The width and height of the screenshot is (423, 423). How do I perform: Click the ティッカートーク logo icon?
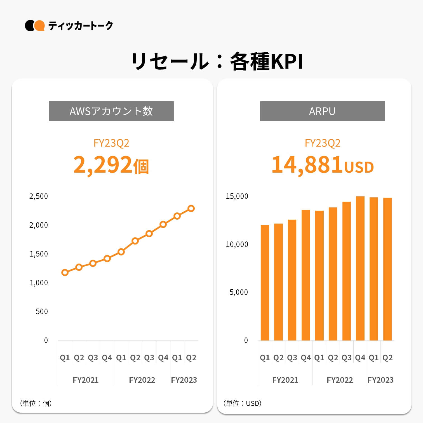tap(35, 26)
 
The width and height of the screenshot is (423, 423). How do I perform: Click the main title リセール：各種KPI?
tap(217, 61)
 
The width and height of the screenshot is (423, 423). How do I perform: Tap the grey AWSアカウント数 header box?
tap(111, 111)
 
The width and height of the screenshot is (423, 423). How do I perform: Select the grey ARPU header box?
tap(322, 111)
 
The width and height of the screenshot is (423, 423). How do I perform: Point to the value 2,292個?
tap(111, 165)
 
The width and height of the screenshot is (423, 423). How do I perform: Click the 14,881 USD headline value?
tap(322, 165)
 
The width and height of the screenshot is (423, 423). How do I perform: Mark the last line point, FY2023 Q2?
tap(191, 208)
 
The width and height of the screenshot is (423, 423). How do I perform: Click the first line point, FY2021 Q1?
tap(65, 272)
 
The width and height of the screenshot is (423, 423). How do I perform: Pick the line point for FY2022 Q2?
tap(135, 241)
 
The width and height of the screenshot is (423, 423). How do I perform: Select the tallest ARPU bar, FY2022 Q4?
tap(360, 269)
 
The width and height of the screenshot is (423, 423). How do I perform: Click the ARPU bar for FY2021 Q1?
tap(265, 283)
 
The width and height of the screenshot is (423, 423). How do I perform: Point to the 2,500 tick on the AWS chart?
tap(39, 196)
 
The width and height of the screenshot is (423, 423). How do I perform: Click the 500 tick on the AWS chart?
tap(42, 312)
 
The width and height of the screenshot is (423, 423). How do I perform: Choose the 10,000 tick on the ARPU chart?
tap(237, 245)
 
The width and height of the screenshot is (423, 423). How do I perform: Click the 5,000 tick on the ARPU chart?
tap(238, 292)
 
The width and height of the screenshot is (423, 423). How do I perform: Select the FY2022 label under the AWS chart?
tap(142, 380)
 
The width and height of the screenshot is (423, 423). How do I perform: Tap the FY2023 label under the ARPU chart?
tap(380, 380)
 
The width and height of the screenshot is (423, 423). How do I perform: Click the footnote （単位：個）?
tap(36, 403)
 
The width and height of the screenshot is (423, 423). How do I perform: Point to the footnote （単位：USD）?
tap(242, 403)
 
